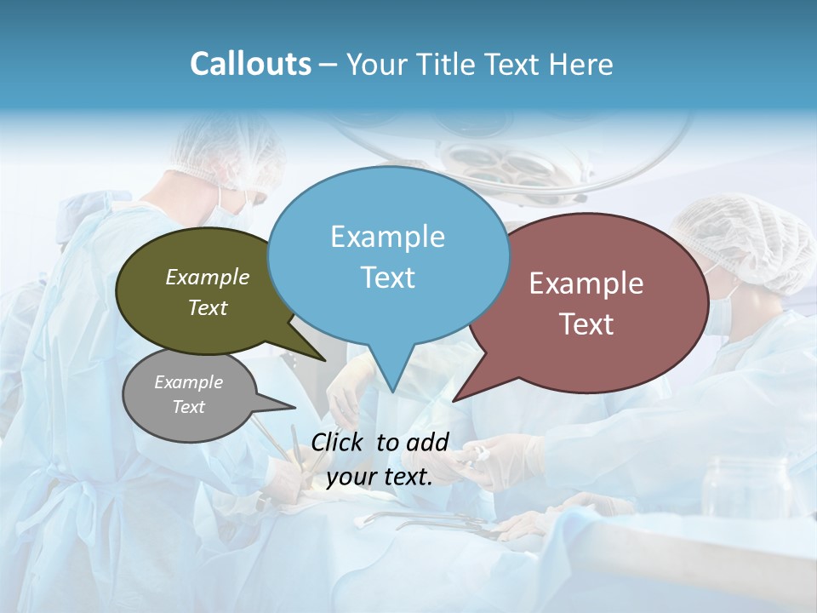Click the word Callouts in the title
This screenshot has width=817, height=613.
[250, 65]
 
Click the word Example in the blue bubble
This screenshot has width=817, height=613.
[387, 237]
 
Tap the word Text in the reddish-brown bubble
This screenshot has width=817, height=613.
[587, 324]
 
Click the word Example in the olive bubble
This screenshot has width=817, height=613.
[207, 278]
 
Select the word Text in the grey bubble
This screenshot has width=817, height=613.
[189, 407]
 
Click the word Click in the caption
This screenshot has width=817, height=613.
[339, 442]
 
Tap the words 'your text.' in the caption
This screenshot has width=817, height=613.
[380, 477]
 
